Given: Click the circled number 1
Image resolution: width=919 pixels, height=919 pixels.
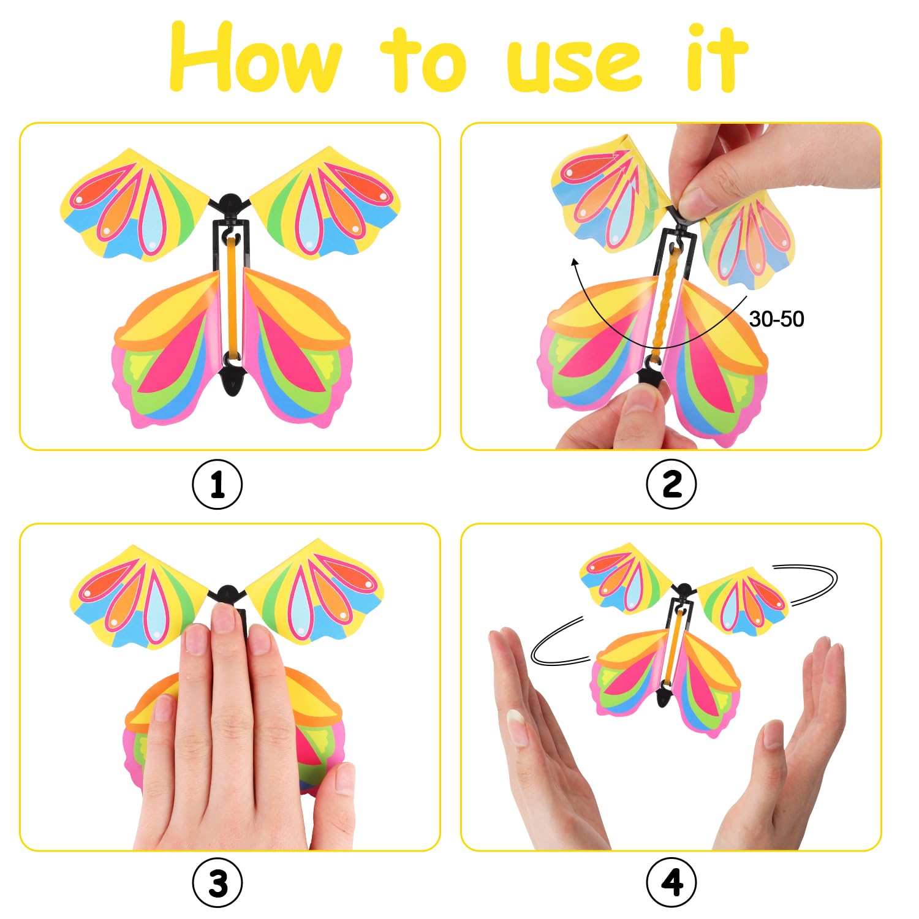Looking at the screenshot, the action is pos(217,485).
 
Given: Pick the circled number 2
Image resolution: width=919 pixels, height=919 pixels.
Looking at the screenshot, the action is pos(671,485).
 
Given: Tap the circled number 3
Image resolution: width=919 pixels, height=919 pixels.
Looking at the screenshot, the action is pos(217,883).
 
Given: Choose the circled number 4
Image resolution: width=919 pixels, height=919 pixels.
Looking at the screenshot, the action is pos(671,883).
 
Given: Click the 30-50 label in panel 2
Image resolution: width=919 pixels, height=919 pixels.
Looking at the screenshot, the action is pos(776,319).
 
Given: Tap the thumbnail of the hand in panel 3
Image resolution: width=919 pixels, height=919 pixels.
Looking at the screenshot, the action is pos(344,779).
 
